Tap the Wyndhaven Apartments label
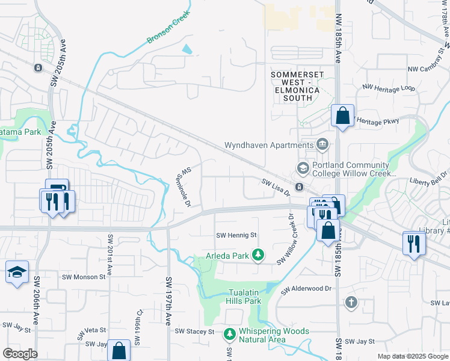point(268,145)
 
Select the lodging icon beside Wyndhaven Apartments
point(322,144)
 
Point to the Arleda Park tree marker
point(258,256)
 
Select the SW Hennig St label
point(236,235)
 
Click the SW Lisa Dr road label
point(276,187)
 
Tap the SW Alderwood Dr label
point(307,289)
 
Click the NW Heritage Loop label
point(389,88)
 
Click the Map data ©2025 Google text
point(413,356)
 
